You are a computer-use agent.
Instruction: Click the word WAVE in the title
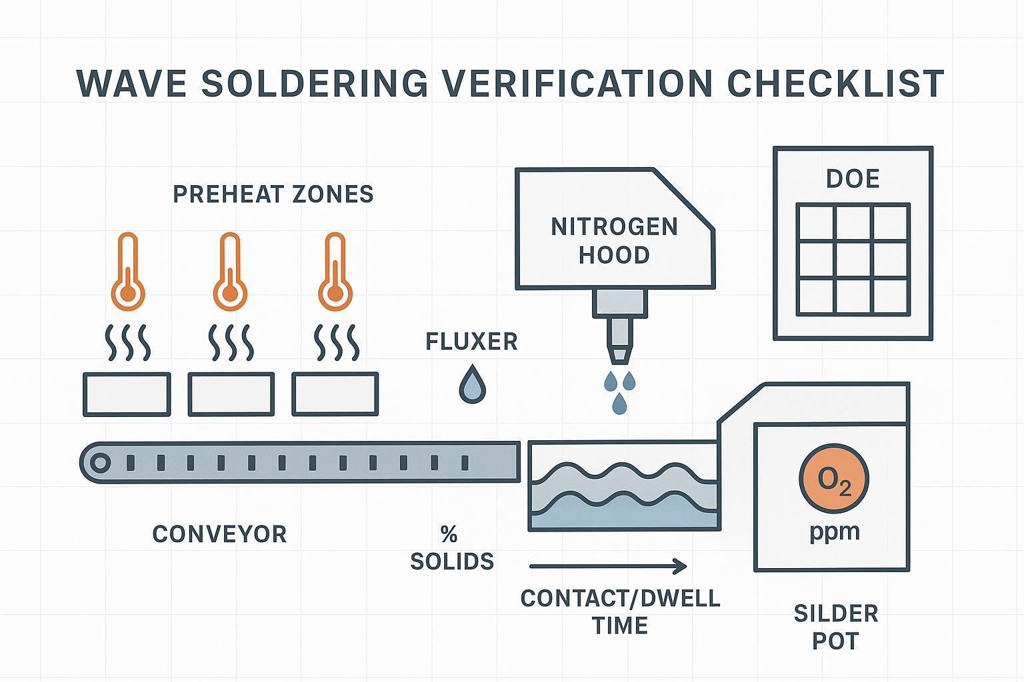click(131, 83)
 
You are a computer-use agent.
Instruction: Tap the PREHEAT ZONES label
click(273, 194)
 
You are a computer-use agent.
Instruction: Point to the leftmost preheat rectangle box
click(127, 394)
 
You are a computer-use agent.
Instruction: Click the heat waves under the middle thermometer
click(231, 342)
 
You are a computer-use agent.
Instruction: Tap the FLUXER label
click(471, 342)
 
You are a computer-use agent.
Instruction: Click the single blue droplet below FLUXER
click(472, 385)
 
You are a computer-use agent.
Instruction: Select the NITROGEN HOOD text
click(614, 240)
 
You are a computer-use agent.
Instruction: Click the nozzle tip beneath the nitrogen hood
click(620, 353)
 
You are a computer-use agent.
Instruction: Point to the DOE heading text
click(853, 178)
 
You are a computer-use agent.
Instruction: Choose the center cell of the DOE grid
click(853, 260)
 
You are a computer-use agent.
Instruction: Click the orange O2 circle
click(834, 480)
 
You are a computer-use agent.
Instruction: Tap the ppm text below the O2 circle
click(834, 532)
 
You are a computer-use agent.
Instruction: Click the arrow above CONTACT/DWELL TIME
click(607, 567)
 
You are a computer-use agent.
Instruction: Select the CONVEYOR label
click(219, 534)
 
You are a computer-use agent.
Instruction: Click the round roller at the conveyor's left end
click(100, 462)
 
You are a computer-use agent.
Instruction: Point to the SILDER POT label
click(835, 627)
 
